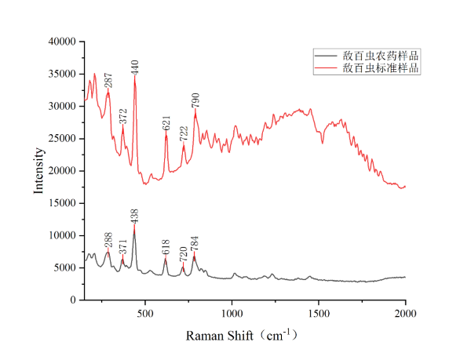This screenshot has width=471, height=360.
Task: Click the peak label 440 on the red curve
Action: (134, 67)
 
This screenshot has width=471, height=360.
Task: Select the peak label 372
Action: (122, 116)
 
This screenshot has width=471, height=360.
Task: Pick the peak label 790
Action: (195, 101)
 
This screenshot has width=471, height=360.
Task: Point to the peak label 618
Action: (165, 248)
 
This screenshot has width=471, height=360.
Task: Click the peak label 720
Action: (183, 253)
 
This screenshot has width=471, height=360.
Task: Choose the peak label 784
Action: (194, 243)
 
